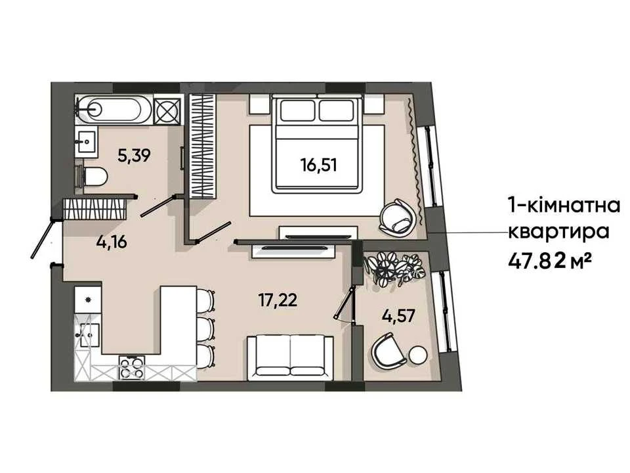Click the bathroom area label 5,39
pos(134,155)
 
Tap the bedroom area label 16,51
pos(319,165)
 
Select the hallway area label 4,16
pos(112,242)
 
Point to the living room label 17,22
pos(278,300)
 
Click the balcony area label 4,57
pos(398,316)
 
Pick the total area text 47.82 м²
pos(550,262)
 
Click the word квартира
pos(559,232)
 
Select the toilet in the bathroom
pos(93,177)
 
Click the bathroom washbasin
pos(87,142)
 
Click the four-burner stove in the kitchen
pos(131,368)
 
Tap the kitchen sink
pos(87,334)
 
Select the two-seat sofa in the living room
pos(290,359)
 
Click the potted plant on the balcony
pos(394,268)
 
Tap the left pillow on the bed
pos(298,110)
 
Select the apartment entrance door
pos(42,238)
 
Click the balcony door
pos(344,302)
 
